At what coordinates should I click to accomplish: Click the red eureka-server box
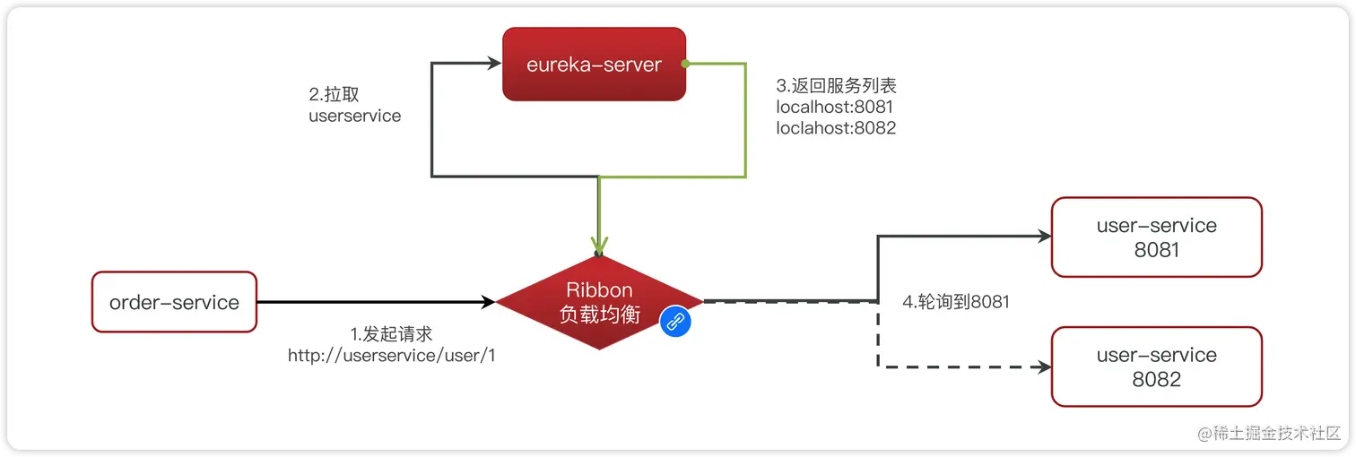tap(594, 65)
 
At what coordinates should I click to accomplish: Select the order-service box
tap(174, 302)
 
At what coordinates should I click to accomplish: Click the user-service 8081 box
tap(1156, 237)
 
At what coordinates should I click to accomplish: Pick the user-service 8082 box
tap(1156, 366)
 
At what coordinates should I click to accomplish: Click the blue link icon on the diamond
tap(675, 322)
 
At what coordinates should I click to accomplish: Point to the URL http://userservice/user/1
tap(392, 356)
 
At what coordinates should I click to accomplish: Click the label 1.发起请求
tap(391, 334)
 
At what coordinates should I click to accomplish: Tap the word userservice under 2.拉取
tap(354, 116)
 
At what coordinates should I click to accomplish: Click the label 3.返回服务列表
tap(836, 86)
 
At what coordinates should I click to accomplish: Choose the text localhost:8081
tap(835, 108)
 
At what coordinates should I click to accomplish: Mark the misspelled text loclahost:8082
tap(836, 128)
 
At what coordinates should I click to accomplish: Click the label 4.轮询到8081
tap(956, 302)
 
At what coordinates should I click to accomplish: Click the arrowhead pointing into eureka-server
tap(493, 64)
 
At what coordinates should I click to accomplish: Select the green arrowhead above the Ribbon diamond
tap(599, 245)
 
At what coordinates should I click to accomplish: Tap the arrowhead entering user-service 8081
tap(1042, 237)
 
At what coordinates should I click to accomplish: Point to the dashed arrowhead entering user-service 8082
tap(1042, 366)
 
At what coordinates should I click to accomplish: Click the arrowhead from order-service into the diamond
tap(488, 302)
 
